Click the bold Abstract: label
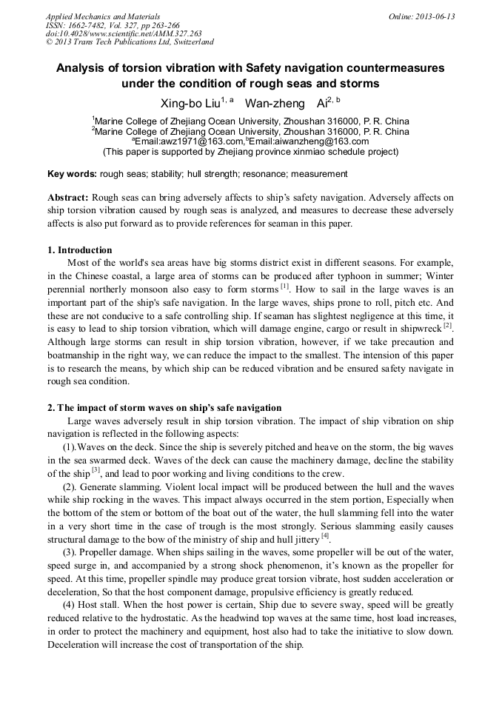68,198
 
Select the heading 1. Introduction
80,249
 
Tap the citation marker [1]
284,287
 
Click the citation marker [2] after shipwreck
447,326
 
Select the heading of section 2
164,408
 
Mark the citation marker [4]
325,537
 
